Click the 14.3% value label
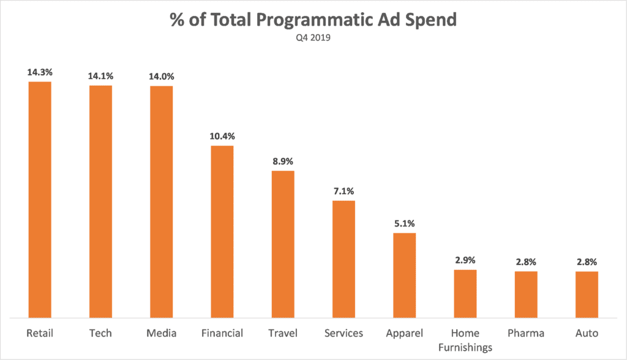pos(40,72)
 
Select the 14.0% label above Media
pos(161,76)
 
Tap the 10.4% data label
pos(222,135)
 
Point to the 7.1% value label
pos(344,191)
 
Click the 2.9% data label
pos(465,260)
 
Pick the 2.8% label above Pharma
pos(526,261)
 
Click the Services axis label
pos(344,333)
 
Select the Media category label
pos(161,333)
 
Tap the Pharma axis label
pos(526,333)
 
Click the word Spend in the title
pos(432,20)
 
